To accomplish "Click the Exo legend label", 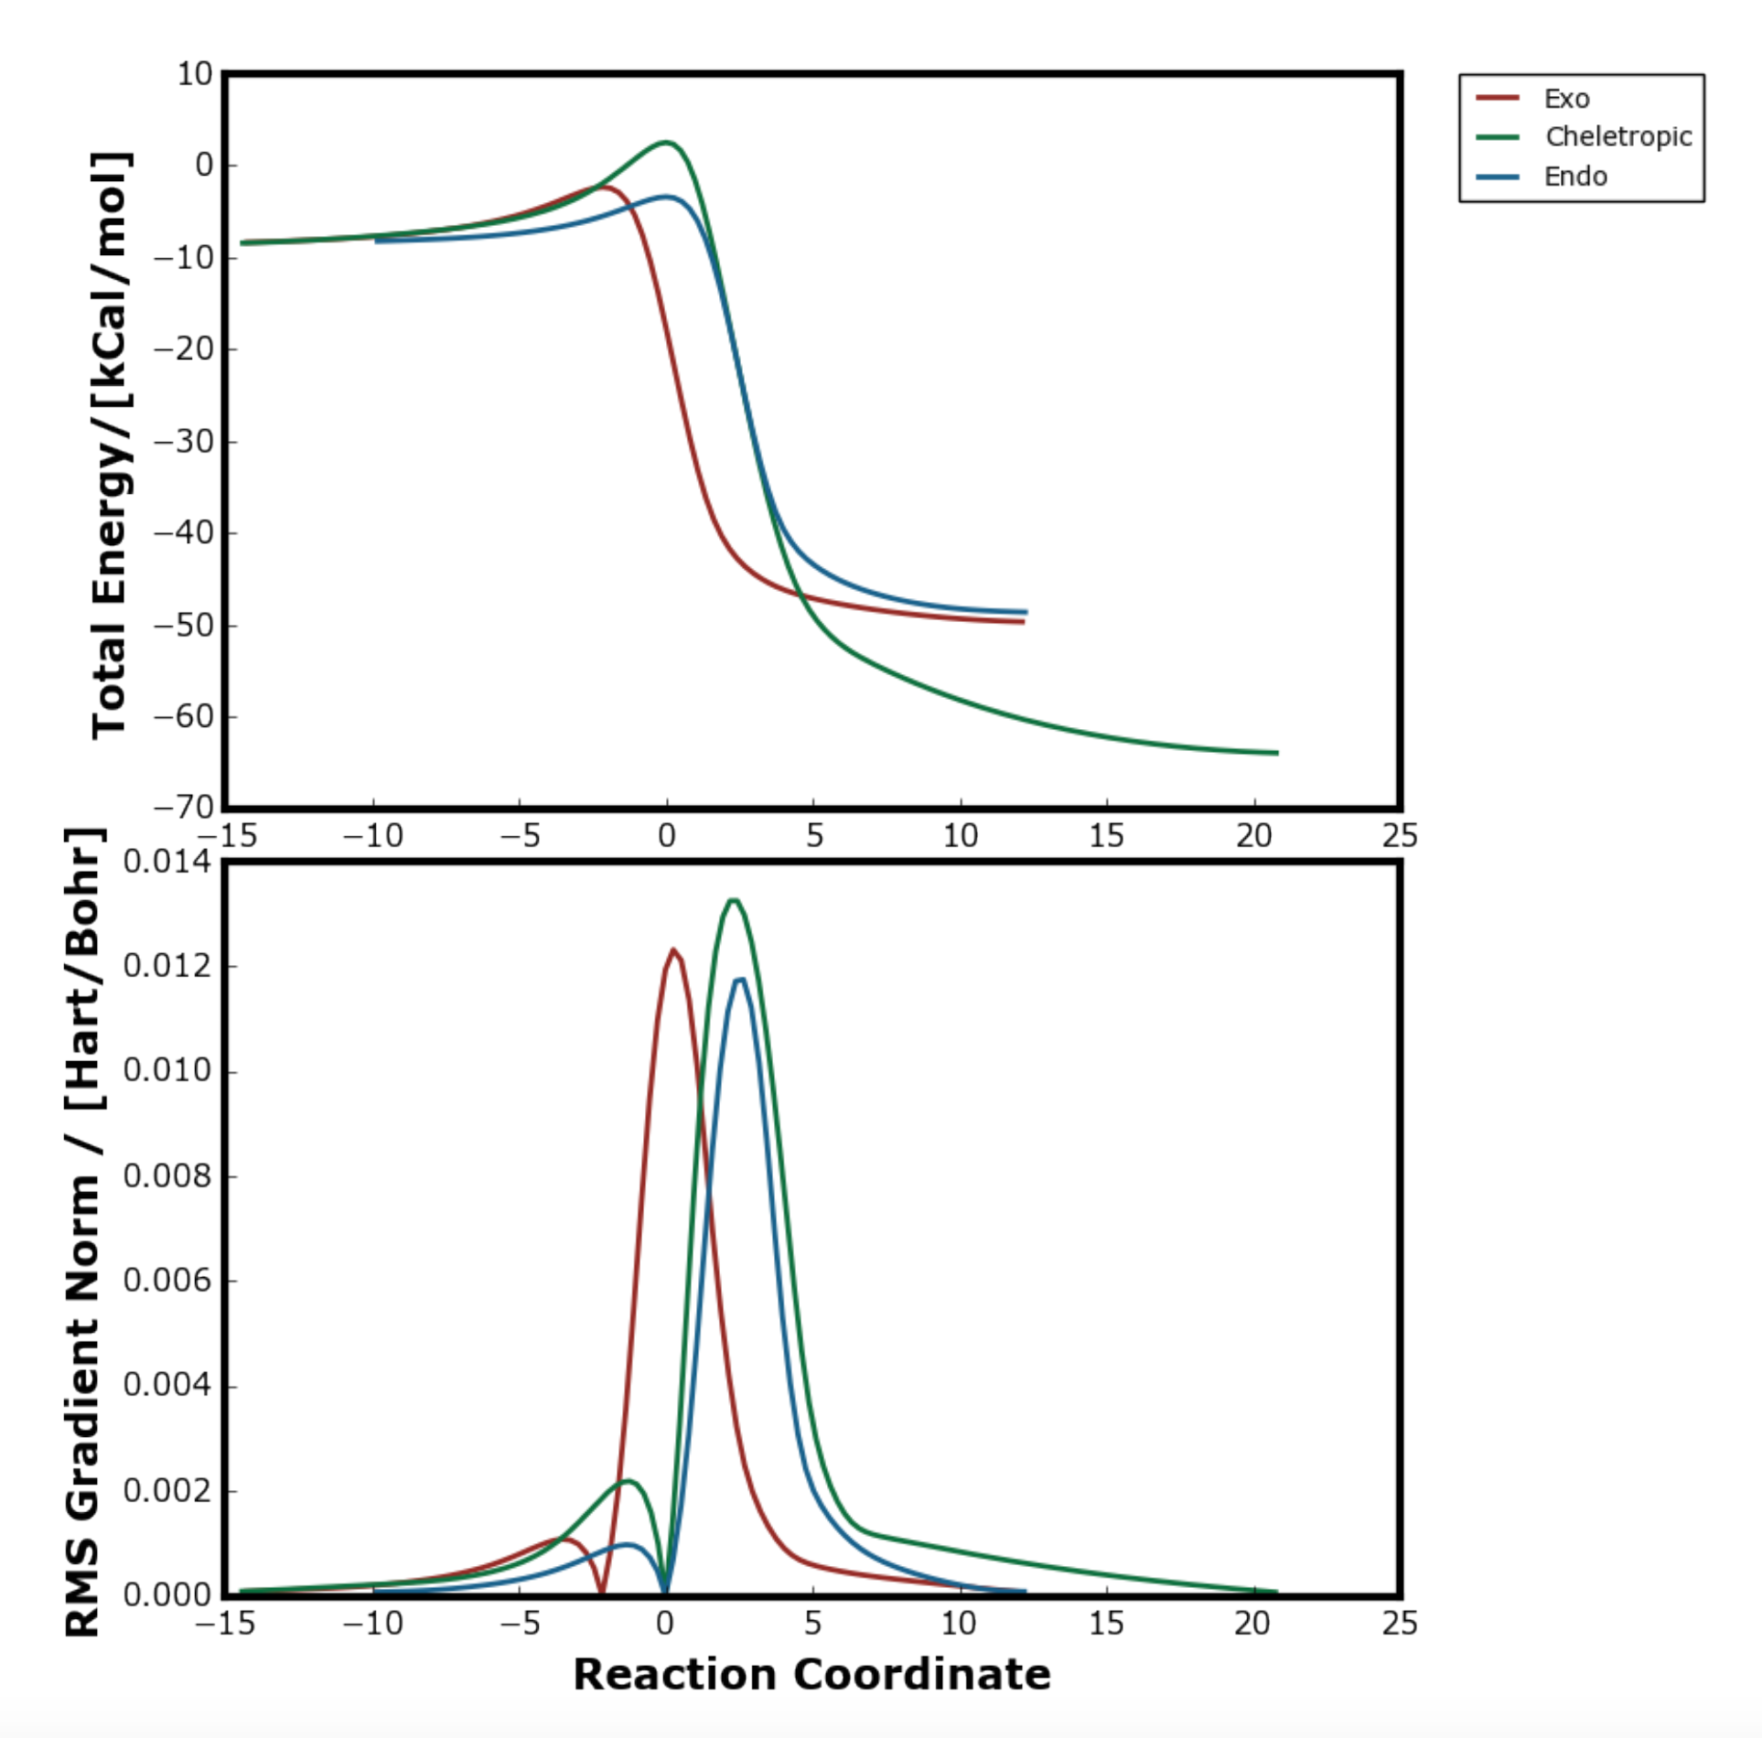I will (1566, 99).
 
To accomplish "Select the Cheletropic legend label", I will (1617, 137).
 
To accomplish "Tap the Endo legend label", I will (1574, 177).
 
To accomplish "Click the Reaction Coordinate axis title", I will (811, 1675).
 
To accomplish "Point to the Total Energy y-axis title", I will (110, 445).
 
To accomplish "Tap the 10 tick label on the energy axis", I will (195, 74).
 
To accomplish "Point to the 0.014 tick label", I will (167, 862).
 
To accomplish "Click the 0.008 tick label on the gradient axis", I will (167, 1175).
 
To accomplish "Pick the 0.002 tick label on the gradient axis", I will (167, 1490).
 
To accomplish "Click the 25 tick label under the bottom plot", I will (1399, 1623).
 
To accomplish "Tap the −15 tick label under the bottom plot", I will (225, 1623).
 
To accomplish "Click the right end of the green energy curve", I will (1276, 753).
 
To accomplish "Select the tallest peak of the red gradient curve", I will (673, 950).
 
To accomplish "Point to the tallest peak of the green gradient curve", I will (733, 901).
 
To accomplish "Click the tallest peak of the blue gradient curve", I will (740, 980).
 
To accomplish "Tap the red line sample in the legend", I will (1498, 98).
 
